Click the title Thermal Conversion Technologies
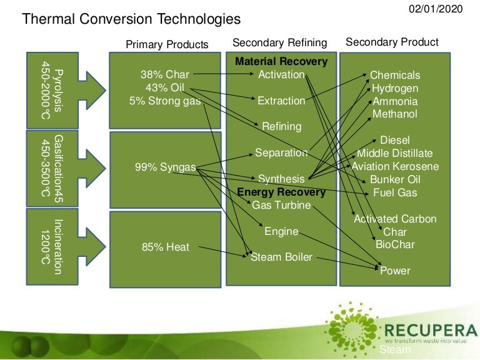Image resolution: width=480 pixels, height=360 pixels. (131, 19)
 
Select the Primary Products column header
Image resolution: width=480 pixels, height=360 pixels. (167, 44)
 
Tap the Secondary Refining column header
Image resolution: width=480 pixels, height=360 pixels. (279, 42)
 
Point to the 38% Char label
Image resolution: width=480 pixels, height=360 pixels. (164, 75)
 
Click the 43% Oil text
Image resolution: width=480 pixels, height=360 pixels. (164, 87)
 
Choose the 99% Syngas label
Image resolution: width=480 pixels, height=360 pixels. (165, 167)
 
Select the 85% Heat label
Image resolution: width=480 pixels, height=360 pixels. (165, 247)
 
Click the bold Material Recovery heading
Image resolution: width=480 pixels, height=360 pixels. (281, 62)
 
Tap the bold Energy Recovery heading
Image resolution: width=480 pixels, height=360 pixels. (281, 192)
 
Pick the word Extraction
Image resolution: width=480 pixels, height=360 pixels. (281, 101)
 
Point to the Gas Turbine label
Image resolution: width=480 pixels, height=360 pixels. (281, 205)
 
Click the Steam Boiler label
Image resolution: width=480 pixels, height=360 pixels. (281, 257)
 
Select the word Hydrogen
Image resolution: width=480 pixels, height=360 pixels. (394, 88)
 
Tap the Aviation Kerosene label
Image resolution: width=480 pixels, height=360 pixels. (395, 166)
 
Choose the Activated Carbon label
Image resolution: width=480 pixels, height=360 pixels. (395, 219)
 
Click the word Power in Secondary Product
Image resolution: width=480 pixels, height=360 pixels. (395, 271)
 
